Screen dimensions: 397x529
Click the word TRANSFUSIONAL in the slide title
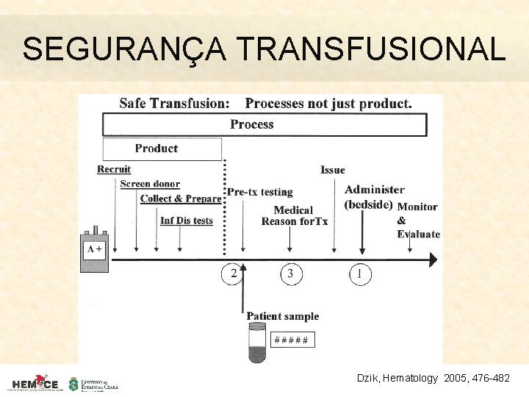click(372, 50)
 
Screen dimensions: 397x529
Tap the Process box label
click(251, 124)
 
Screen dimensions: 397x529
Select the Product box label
click(156, 149)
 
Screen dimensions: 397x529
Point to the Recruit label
click(114, 169)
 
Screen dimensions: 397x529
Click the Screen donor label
click(150, 184)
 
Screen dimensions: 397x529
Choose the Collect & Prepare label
click(180, 198)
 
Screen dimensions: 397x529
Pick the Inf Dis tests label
click(187, 221)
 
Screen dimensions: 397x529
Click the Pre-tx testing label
click(259, 192)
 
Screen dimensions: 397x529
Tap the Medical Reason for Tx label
click(294, 215)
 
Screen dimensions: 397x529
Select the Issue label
click(333, 170)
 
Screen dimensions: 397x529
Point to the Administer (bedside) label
click(373, 197)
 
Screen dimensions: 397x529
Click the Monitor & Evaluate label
click(418, 221)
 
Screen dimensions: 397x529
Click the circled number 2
click(234, 274)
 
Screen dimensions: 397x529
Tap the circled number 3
click(290, 274)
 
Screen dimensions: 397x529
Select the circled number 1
click(359, 274)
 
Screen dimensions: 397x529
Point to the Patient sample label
click(282, 316)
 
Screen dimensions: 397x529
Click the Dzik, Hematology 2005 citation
click(433, 378)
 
